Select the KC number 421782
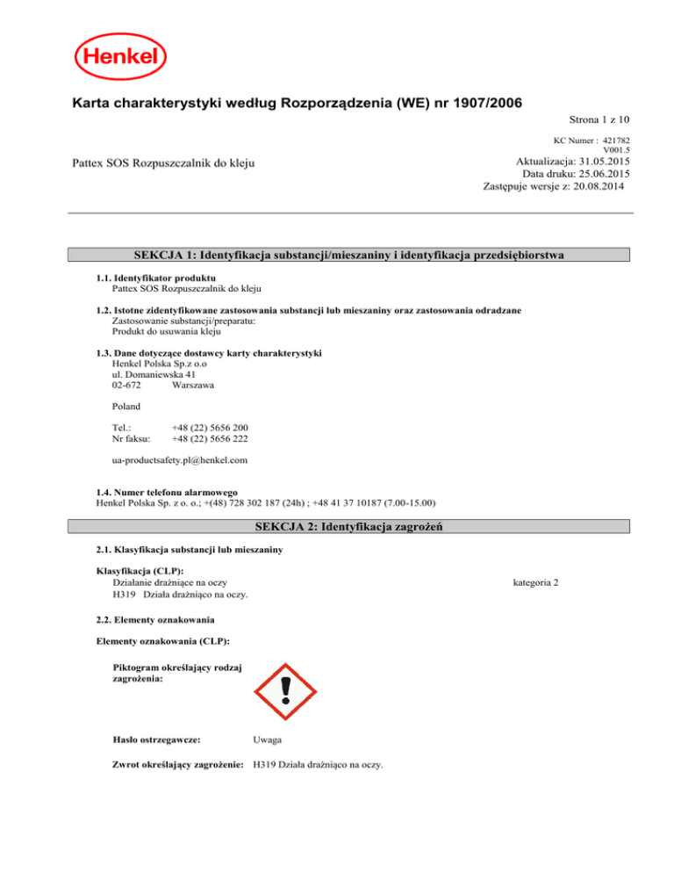[614, 141]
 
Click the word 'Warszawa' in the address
[188, 385]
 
